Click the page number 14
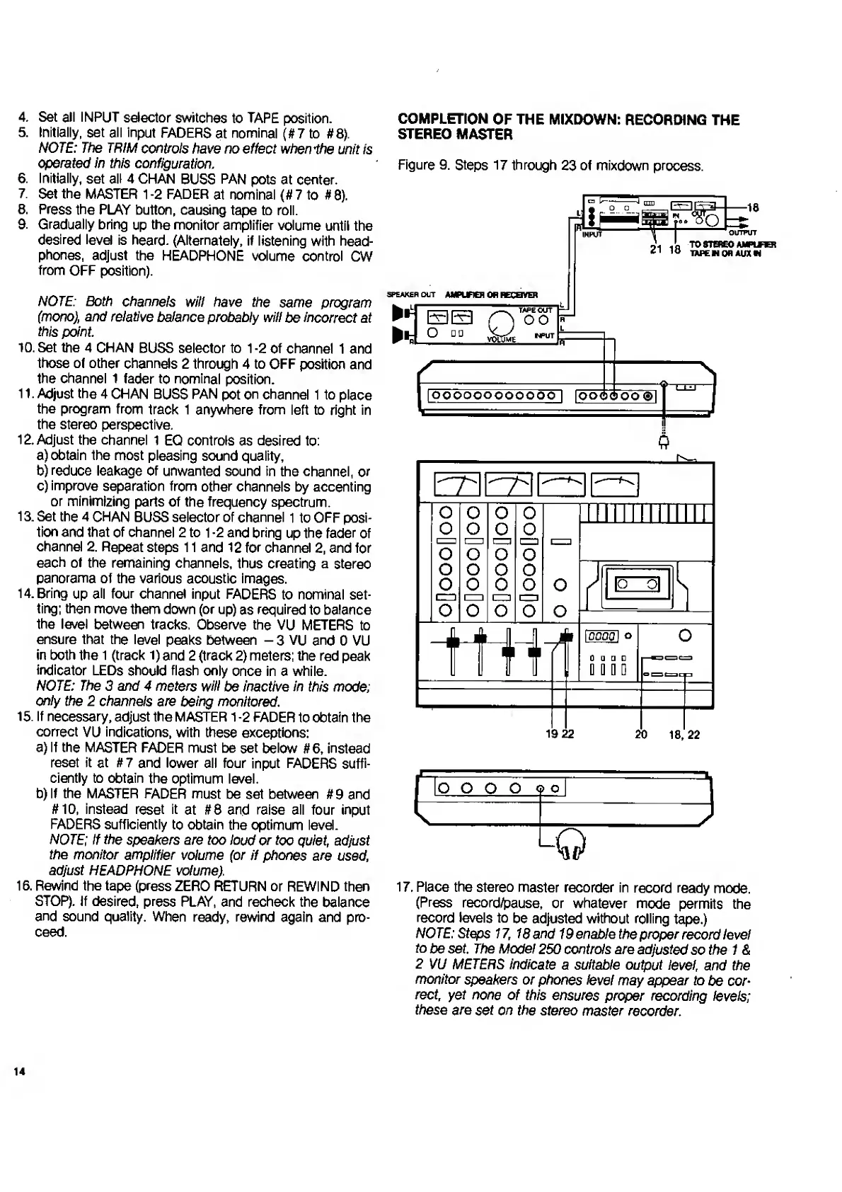[x=18, y=1071]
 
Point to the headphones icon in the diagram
[x=571, y=842]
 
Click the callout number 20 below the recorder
[x=640, y=735]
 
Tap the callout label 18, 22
[x=684, y=735]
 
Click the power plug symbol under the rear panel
[x=663, y=442]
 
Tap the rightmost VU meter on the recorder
[x=615, y=483]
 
